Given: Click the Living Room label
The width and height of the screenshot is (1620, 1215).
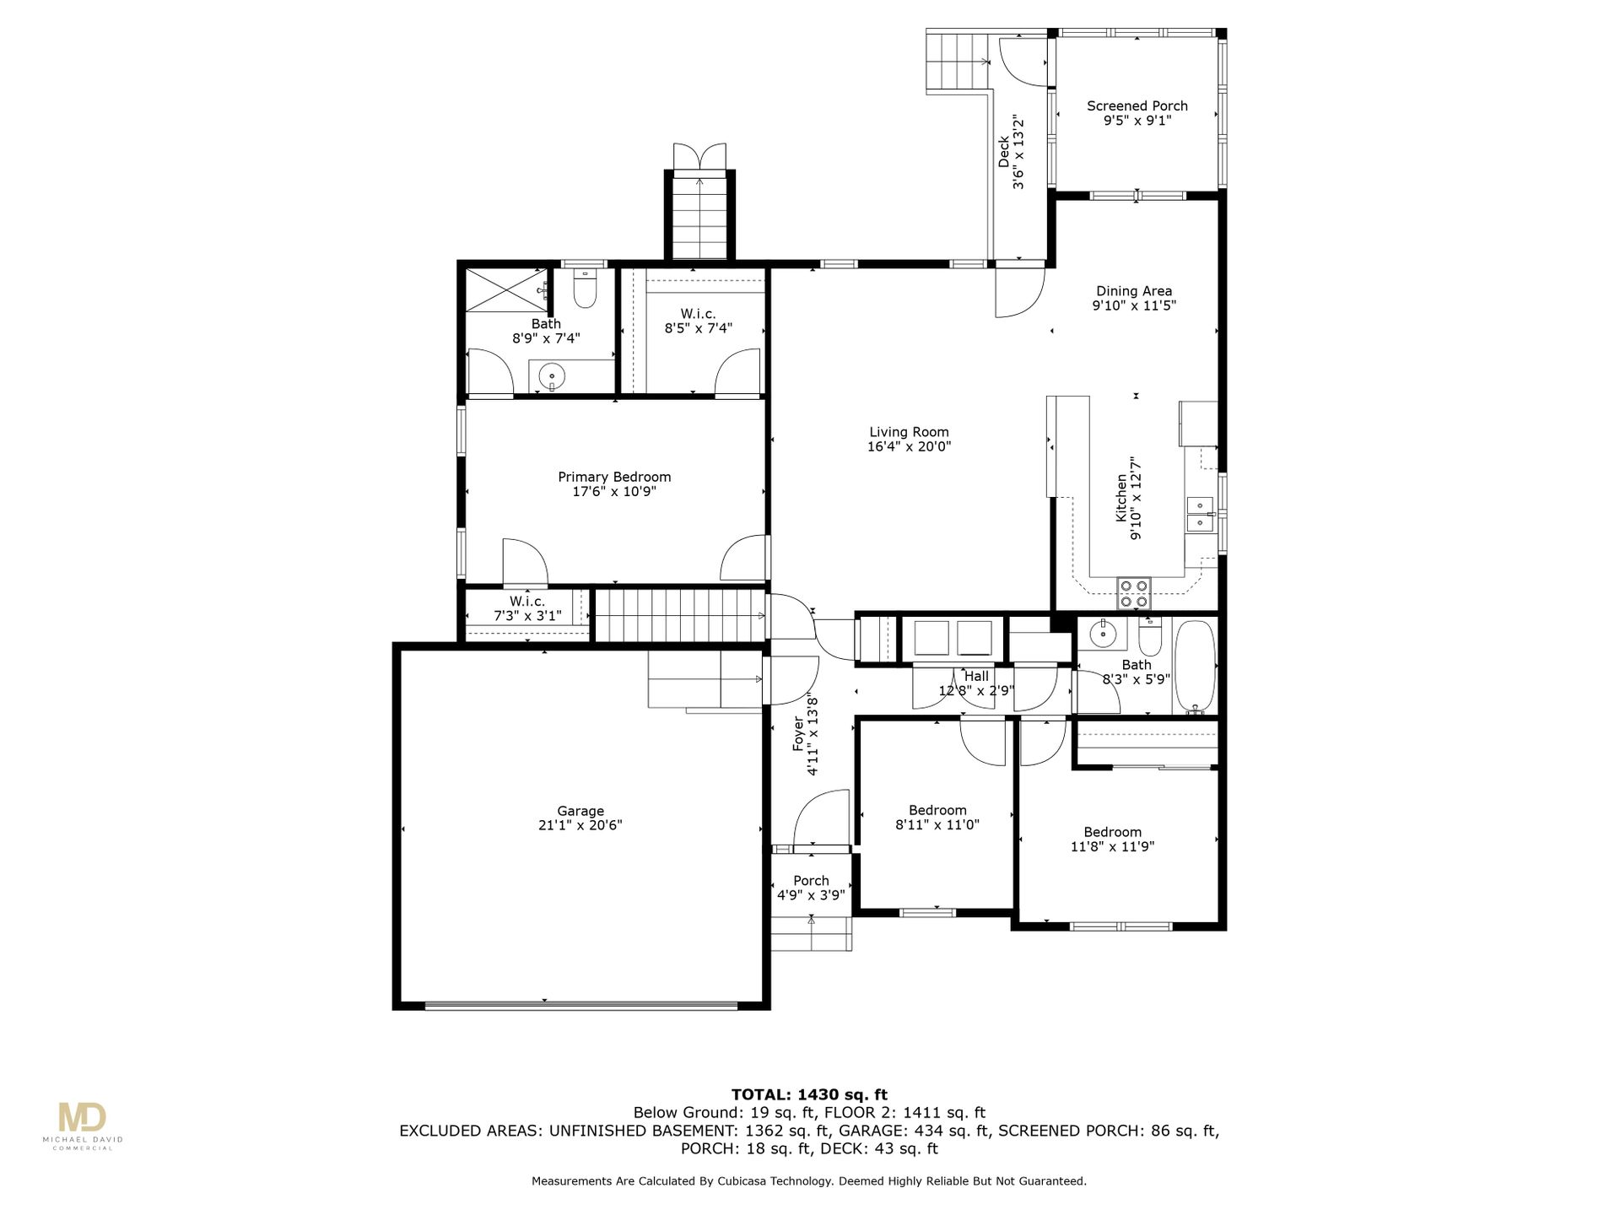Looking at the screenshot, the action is (909, 432).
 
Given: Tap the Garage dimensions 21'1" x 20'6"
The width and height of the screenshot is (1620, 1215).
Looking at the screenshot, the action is (580, 826).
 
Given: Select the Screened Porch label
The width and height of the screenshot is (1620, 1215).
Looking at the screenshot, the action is (1137, 105).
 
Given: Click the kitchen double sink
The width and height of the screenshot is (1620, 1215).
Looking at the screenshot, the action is (1200, 514).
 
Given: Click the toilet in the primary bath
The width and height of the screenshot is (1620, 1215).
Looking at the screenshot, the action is (585, 289).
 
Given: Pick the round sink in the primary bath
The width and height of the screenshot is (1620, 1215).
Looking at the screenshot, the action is (552, 375).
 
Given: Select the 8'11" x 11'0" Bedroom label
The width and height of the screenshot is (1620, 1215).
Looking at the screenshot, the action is (937, 818).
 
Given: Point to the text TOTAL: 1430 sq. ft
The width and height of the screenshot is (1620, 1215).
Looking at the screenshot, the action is (809, 1095).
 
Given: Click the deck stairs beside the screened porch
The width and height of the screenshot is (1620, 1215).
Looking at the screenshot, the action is (958, 61).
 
